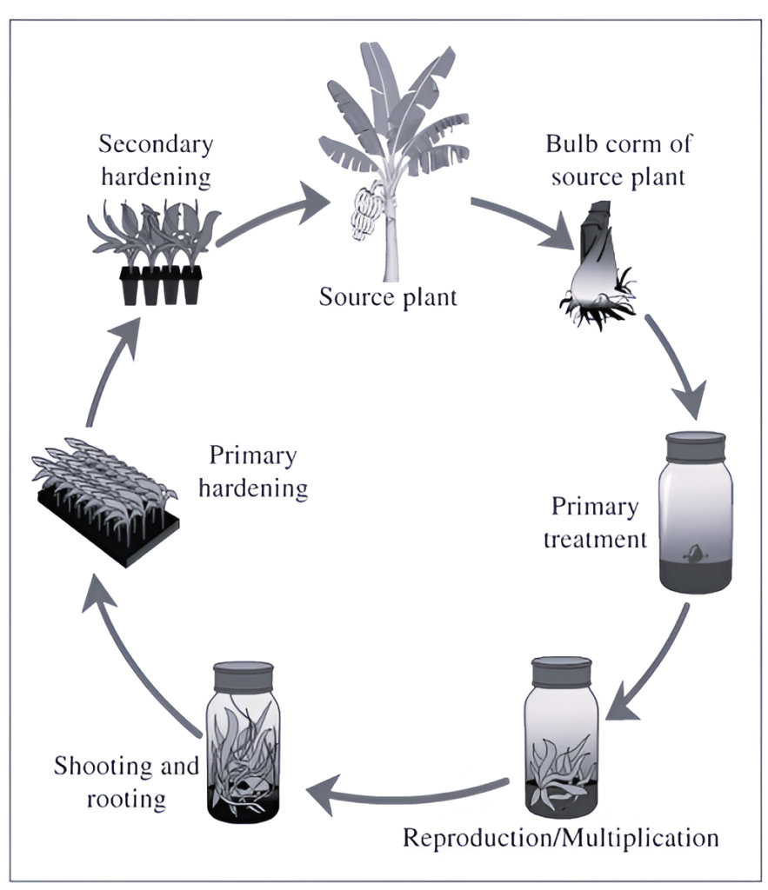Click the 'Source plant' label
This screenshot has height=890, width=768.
[x=388, y=297]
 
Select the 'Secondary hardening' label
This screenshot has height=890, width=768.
[x=157, y=161]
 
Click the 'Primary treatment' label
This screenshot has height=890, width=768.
[x=595, y=523]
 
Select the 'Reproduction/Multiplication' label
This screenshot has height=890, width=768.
[x=560, y=838]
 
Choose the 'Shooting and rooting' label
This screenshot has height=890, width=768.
[x=126, y=782]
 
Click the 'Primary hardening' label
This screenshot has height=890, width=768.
[x=252, y=472]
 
